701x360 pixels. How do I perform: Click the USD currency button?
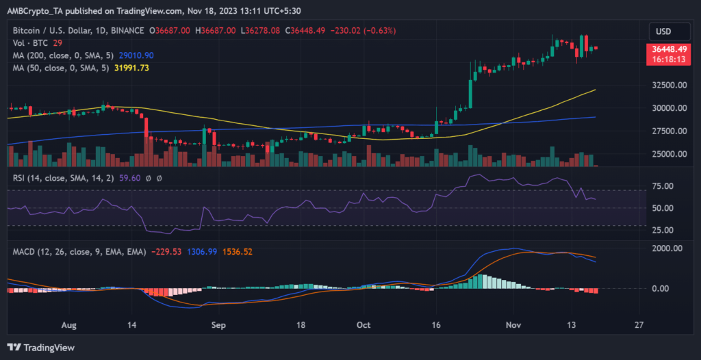663,31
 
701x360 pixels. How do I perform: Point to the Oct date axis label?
364,325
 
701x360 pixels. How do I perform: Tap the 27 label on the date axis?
639,325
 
